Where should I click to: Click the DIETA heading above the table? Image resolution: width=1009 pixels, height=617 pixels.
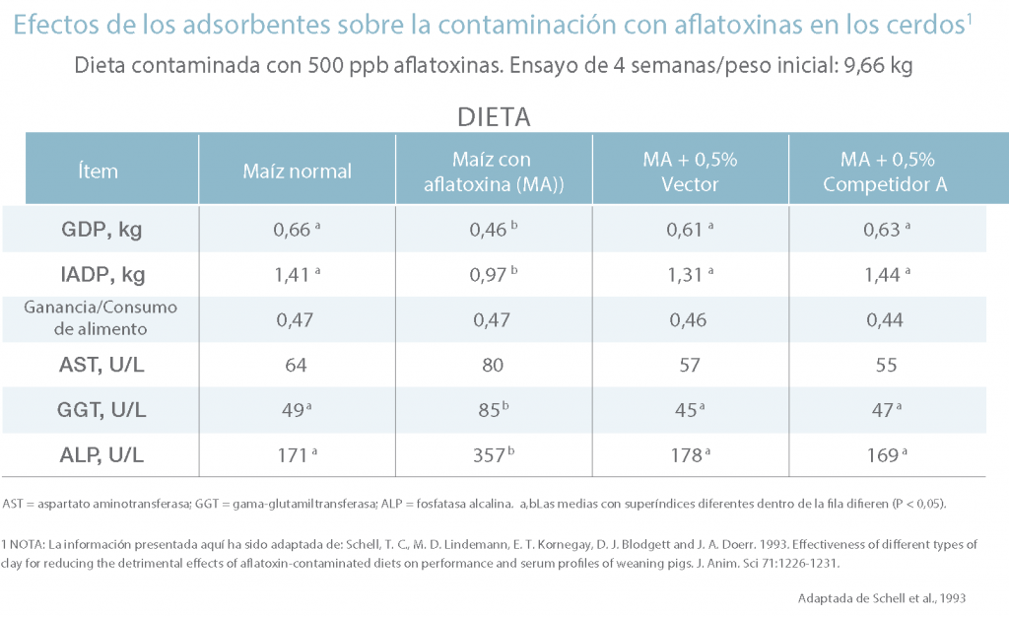coord(494,117)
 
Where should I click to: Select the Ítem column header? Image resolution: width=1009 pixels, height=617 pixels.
coord(98,171)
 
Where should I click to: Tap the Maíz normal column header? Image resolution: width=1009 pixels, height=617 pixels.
coord(298,171)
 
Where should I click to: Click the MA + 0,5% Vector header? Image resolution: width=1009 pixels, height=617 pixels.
coord(690,171)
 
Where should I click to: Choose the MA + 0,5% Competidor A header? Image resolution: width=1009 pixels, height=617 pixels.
coord(886,171)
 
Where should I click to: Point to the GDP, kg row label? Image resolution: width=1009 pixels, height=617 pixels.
coord(101,229)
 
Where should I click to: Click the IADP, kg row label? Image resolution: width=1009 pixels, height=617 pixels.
coord(102,274)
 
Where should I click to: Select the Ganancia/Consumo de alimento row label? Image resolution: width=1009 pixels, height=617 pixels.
coord(101,317)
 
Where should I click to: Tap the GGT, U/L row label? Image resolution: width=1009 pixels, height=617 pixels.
coord(101,409)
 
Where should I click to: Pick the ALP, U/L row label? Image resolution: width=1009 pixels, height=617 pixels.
coord(101,455)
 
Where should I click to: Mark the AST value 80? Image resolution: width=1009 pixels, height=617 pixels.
coord(493,365)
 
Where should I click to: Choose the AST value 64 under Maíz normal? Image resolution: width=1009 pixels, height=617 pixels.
coord(296,365)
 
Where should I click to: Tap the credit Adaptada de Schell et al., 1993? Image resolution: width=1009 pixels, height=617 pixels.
coord(882,598)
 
